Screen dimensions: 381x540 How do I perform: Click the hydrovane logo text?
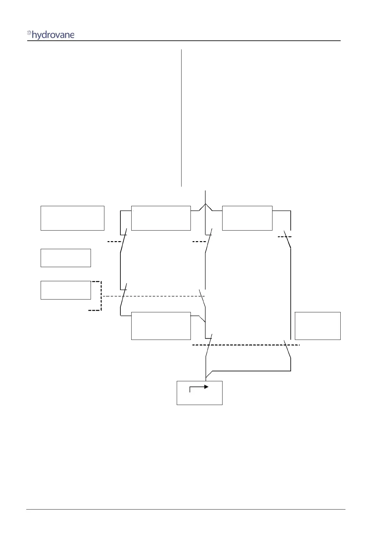coord(53,35)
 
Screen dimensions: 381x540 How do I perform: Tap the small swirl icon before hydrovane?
coord(29,33)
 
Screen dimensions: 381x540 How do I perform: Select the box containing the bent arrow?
coord(199,393)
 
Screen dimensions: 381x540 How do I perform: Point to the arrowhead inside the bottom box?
coord(207,387)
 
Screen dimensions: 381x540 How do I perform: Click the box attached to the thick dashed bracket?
coord(66,290)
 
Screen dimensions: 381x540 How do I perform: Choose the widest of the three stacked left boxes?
coord(72,218)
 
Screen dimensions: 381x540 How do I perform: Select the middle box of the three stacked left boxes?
coord(66,258)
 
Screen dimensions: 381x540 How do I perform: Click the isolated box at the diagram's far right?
coord(317,326)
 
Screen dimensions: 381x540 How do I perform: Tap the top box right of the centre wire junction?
coord(247,218)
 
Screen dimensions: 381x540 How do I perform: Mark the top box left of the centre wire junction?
coord(161,218)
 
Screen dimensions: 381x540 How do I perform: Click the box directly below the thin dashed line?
coord(161,326)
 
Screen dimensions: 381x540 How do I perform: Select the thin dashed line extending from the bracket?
coord(154,296)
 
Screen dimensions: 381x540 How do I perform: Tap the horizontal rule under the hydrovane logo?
coord(184,41)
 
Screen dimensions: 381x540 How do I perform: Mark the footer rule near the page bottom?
coord(186,509)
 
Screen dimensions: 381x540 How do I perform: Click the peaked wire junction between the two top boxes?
coord(205,205)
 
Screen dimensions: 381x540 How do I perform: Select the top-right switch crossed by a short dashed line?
coord(288,239)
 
